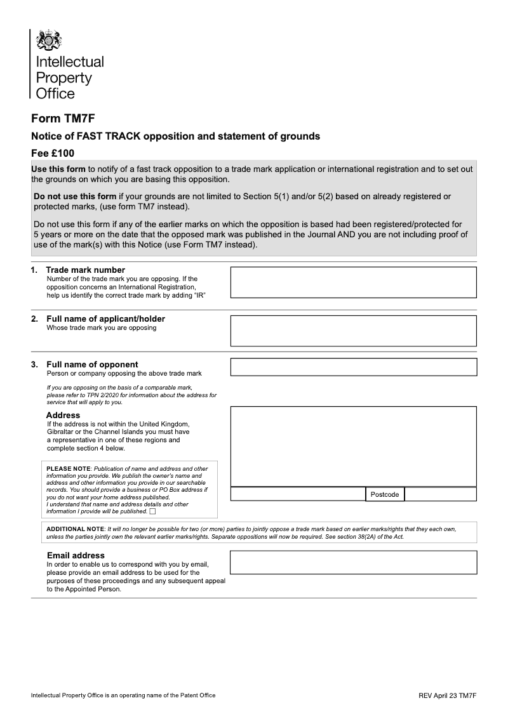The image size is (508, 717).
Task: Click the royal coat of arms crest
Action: [49, 41]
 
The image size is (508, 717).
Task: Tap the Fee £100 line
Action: [53, 153]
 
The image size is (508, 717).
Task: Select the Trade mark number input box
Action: [352, 282]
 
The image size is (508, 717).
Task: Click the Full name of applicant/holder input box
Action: [352, 331]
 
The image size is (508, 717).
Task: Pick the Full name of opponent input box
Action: [352, 367]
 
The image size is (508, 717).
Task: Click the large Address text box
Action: [352, 446]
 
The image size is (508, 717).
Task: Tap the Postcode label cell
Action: [385, 494]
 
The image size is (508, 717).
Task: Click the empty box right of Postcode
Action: [440, 494]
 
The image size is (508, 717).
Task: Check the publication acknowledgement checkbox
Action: [152, 511]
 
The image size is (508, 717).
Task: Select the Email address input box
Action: [352, 562]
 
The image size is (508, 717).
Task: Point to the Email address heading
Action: [76, 556]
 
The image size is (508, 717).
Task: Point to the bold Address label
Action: [63, 416]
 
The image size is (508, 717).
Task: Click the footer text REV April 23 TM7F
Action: [447, 695]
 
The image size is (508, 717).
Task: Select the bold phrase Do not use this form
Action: [75, 197]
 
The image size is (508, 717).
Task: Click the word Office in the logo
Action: [55, 94]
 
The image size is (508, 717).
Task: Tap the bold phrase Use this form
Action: [58, 169]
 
